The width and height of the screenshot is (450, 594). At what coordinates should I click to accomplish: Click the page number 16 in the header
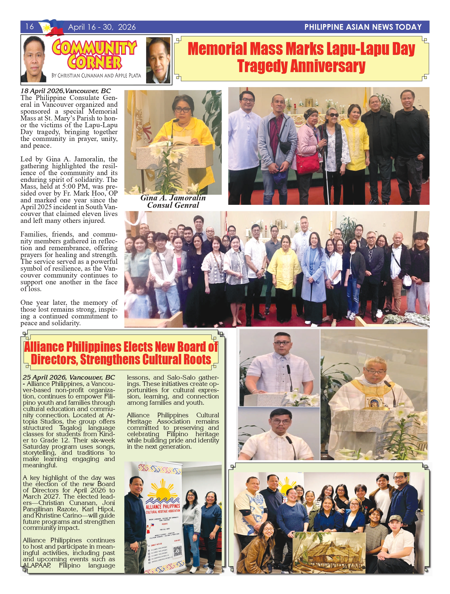pyautogui.click(x=29, y=26)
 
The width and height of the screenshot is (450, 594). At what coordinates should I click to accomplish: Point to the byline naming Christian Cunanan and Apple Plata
pyautogui.click(x=96, y=76)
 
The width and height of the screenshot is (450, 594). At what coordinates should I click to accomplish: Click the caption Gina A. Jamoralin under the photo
pyautogui.click(x=173, y=198)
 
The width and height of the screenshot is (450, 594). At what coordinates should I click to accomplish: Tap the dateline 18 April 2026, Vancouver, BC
pyautogui.click(x=66, y=91)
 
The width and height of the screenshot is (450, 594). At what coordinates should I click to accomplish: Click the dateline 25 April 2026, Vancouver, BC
pyautogui.click(x=69, y=377)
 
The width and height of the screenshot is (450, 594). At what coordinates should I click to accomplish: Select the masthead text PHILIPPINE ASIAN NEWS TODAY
pyautogui.click(x=363, y=27)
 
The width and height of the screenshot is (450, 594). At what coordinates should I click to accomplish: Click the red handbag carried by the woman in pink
pyautogui.click(x=308, y=164)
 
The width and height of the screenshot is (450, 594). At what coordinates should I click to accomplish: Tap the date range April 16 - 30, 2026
pyautogui.click(x=102, y=27)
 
